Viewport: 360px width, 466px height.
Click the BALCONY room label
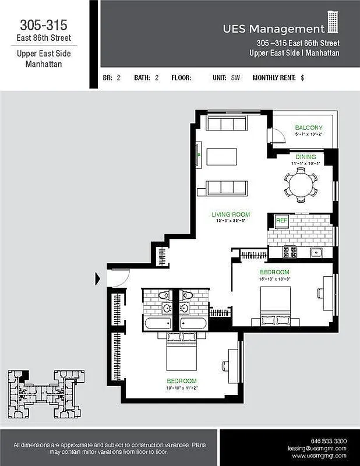point(308,128)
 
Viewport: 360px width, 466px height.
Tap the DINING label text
point(305,157)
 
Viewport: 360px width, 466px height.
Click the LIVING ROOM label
point(231,214)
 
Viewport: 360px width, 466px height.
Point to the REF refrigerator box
point(282,221)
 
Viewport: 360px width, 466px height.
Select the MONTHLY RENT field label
point(274,77)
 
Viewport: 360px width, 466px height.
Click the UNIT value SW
point(235,77)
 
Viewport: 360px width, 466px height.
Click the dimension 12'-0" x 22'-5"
point(231,221)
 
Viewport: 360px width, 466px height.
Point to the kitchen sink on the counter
point(317,252)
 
